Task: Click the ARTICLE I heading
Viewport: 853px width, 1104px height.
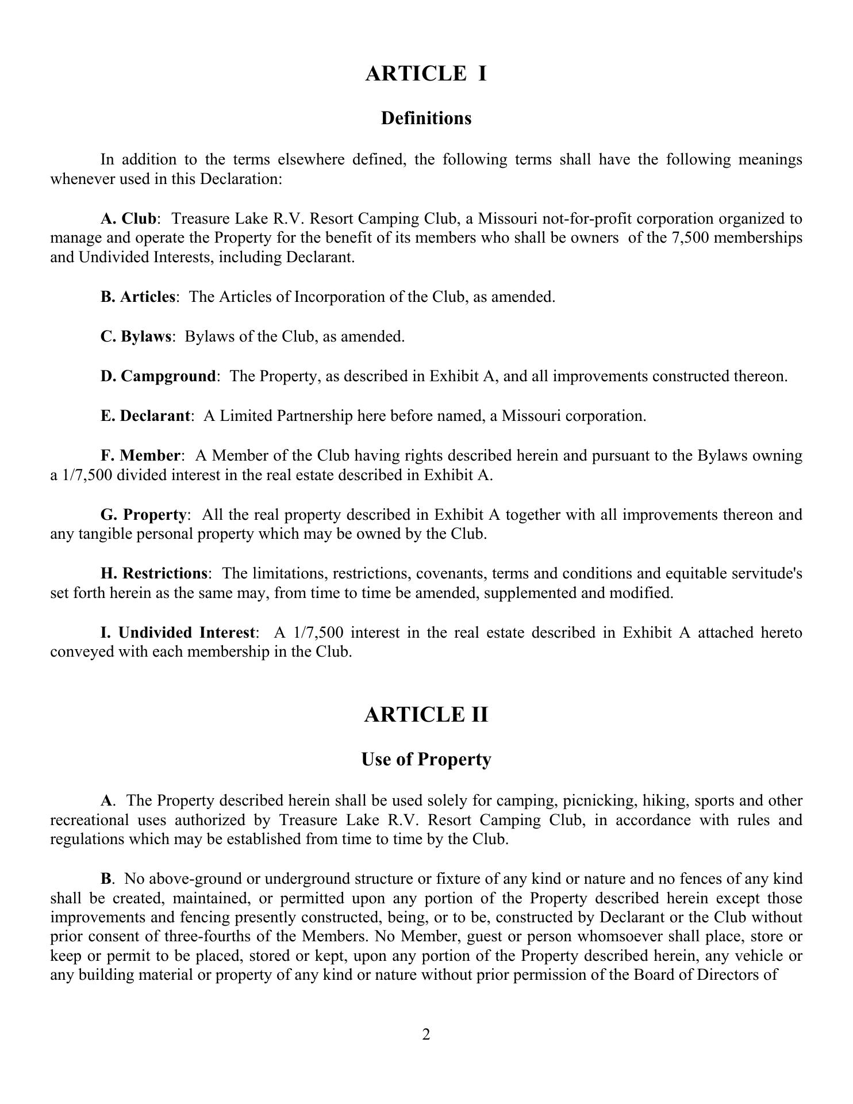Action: [x=426, y=74]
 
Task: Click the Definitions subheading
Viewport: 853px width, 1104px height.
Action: [x=426, y=118]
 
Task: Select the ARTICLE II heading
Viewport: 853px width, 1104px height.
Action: [x=426, y=715]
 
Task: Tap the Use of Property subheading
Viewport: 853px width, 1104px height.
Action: [x=426, y=760]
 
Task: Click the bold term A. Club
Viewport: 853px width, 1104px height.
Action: [x=128, y=219]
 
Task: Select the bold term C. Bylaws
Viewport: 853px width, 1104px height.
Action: [x=136, y=337]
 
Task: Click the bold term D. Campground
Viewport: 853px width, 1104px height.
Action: [x=158, y=377]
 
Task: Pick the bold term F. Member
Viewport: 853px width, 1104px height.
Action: [x=141, y=456]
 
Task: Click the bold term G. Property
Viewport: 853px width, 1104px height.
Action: [x=144, y=515]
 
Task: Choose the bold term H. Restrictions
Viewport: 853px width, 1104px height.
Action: [x=154, y=574]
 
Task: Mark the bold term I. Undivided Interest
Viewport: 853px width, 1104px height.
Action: [x=178, y=633]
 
